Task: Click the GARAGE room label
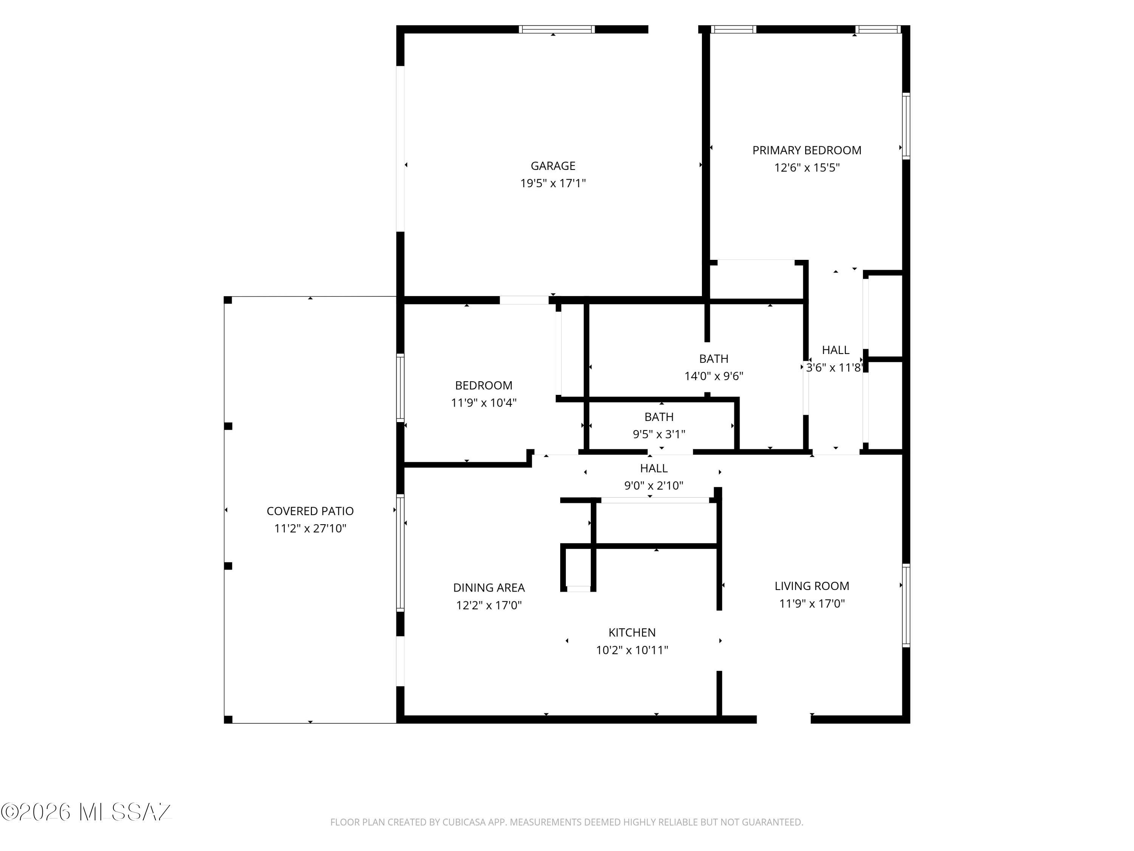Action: (x=553, y=166)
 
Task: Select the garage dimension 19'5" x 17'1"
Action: (x=553, y=183)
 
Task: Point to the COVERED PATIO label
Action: (x=310, y=511)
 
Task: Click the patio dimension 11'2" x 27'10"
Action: (x=310, y=528)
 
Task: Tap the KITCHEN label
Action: (x=632, y=632)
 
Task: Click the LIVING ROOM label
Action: (x=812, y=586)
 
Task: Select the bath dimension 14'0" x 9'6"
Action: (x=714, y=376)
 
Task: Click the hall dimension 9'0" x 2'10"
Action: (x=654, y=485)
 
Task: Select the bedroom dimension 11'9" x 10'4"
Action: (x=483, y=403)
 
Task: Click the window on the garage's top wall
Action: (x=557, y=29)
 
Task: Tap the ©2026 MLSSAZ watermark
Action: (x=86, y=812)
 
